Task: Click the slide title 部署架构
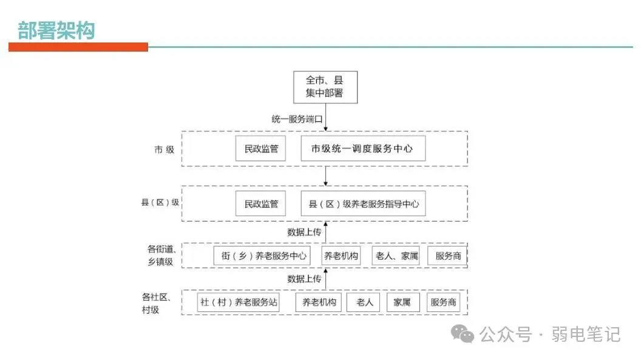tap(56, 30)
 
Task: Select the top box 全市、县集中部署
tap(325, 87)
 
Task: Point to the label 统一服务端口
tap(296, 120)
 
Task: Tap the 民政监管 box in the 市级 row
tap(260, 149)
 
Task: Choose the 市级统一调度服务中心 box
tap(362, 149)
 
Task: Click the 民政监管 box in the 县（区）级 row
tap(260, 204)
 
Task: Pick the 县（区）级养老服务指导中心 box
tap(362, 204)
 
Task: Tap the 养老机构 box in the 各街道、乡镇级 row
tap(341, 256)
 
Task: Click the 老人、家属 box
tap(396, 256)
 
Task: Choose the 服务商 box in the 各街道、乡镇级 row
tap(448, 256)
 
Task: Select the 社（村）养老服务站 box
tap(239, 302)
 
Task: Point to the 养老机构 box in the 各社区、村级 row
tap(319, 302)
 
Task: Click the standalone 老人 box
tap(364, 302)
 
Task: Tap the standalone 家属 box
tap(402, 302)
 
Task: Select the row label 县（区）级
tap(160, 203)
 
